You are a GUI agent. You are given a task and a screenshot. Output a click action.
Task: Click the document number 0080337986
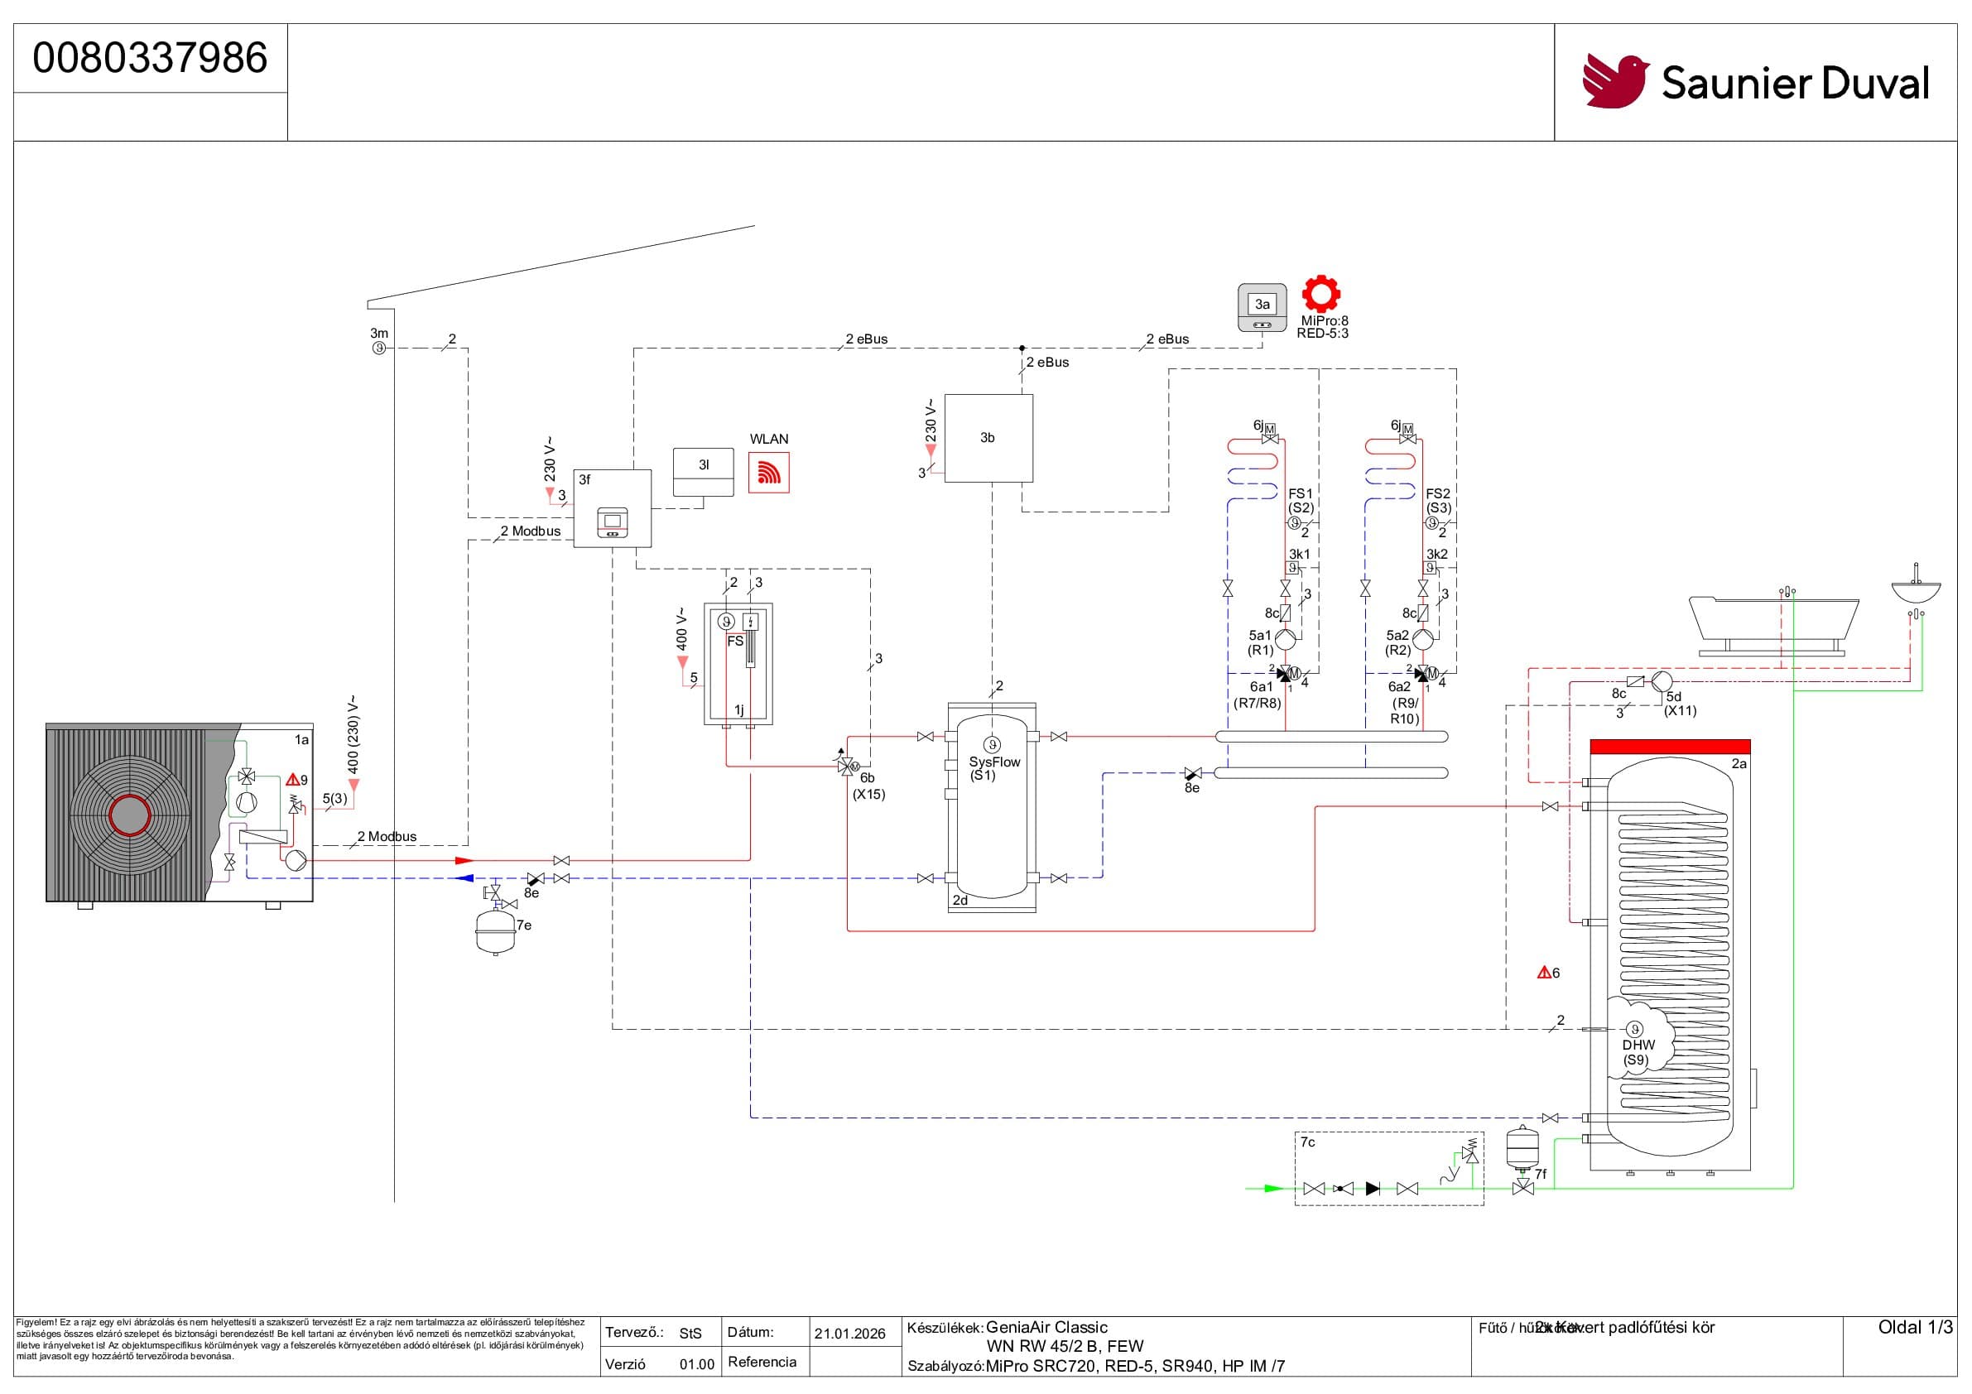[151, 58]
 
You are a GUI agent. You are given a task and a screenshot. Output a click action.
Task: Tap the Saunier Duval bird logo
[1614, 82]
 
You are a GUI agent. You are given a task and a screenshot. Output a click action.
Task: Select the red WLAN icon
[769, 474]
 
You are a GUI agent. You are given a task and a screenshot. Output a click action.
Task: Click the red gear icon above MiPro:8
[1321, 294]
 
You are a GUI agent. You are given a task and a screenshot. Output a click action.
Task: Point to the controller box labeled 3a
[1262, 306]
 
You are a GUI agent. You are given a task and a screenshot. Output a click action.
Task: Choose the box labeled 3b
[988, 438]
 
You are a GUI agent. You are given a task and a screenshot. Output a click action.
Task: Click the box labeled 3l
[704, 472]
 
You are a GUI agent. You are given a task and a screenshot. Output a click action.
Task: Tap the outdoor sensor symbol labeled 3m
[379, 348]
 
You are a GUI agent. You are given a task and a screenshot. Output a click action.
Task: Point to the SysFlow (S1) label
[993, 767]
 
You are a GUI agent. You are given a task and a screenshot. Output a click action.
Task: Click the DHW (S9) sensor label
[1638, 1051]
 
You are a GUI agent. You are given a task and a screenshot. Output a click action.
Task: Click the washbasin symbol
[1916, 591]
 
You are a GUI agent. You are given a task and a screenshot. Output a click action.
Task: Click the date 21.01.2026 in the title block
[849, 1333]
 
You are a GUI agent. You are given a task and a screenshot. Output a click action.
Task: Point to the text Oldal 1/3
[1914, 1327]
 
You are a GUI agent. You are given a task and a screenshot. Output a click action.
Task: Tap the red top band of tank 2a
[1670, 747]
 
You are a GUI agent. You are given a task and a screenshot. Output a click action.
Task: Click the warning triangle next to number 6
[1543, 973]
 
